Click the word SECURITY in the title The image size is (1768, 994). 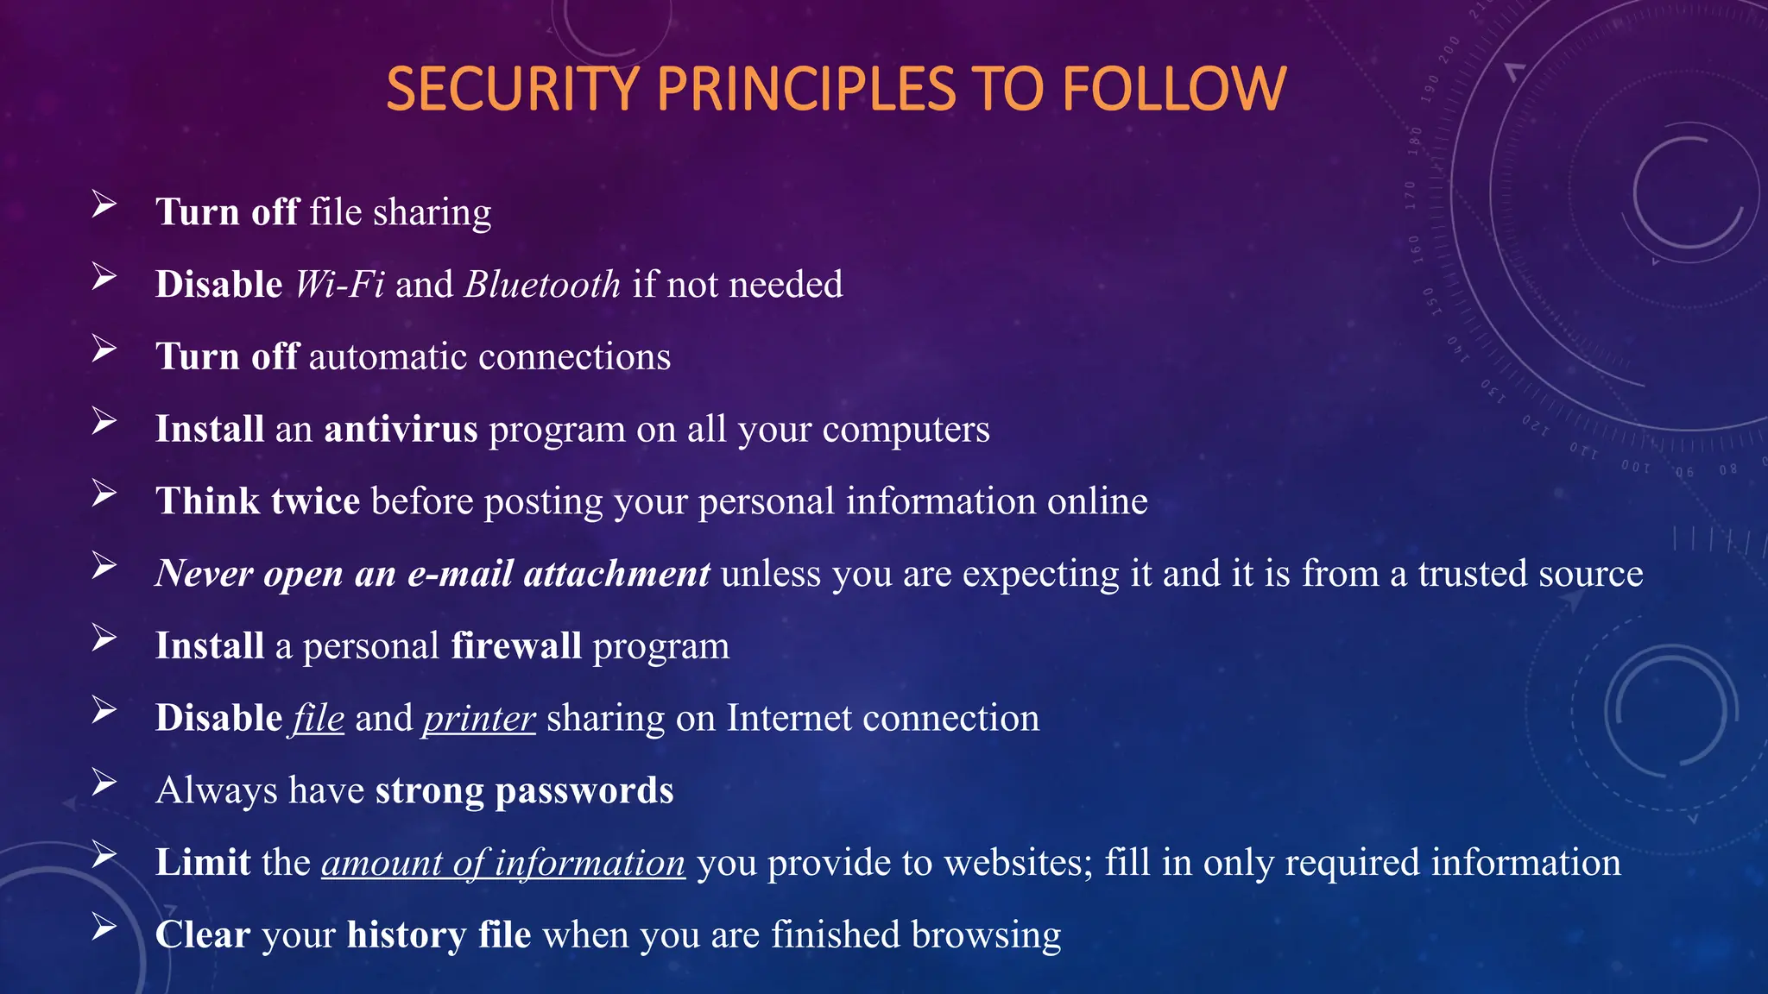[513, 89]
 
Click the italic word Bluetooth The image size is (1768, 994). [542, 285]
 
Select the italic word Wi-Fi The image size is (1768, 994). [339, 285]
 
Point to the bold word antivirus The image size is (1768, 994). [401, 429]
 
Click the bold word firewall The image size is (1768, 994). [515, 646]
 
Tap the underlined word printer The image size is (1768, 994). [479, 719]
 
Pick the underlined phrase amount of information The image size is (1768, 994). [503, 863]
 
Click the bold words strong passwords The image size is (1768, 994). [524, 790]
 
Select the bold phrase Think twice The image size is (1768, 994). [257, 501]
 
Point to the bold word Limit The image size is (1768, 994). [202, 863]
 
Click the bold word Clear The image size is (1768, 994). [202, 935]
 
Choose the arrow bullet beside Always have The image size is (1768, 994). [104, 783]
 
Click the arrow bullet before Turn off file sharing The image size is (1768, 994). [104, 204]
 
